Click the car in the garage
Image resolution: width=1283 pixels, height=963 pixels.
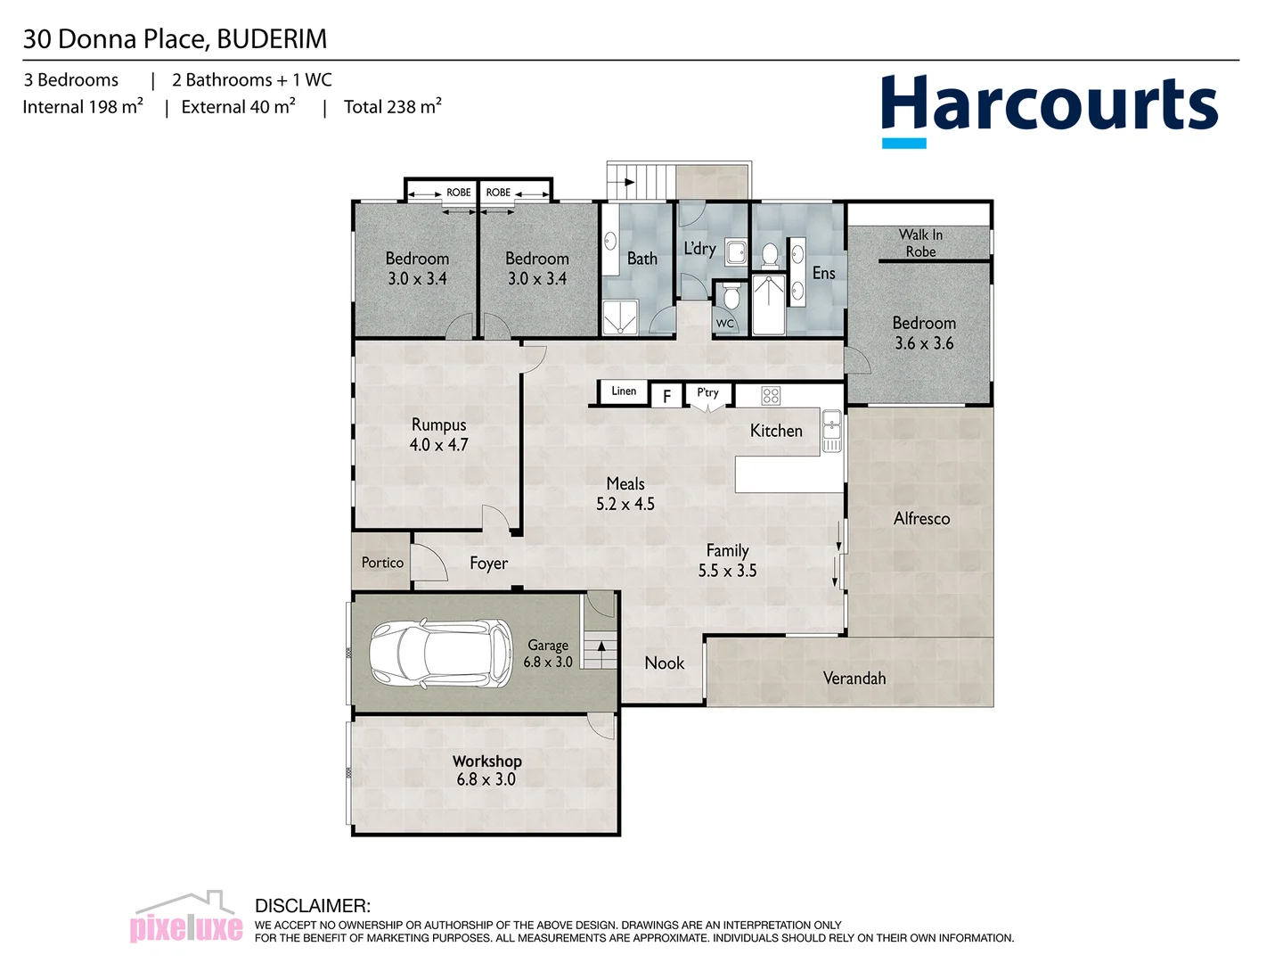click(x=441, y=654)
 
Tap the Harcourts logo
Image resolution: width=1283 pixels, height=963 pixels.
click(x=1049, y=108)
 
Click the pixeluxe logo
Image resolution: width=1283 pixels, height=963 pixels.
click(x=186, y=918)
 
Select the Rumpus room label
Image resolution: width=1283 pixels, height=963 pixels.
click(x=438, y=425)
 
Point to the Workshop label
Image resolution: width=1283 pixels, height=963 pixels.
click(x=486, y=761)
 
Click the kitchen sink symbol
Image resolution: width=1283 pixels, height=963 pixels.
click(x=831, y=431)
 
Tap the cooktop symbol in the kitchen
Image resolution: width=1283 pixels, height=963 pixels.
click(x=771, y=395)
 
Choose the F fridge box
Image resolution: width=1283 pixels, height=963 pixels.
click(x=666, y=396)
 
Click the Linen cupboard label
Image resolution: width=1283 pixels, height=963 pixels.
click(x=624, y=391)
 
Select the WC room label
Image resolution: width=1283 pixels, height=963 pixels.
click(x=725, y=324)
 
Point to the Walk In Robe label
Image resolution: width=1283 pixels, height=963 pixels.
click(x=920, y=243)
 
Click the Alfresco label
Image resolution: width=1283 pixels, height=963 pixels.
click(x=921, y=519)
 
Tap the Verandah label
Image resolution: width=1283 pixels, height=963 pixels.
click(x=854, y=679)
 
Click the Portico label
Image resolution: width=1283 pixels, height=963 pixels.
click(x=382, y=563)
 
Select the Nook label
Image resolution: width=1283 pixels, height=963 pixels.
click(x=664, y=663)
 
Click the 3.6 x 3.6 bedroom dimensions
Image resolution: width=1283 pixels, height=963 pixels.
click(x=924, y=344)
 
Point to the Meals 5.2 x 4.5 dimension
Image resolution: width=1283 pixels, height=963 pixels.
click(x=625, y=505)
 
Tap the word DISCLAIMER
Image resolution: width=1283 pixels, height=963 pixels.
click(x=312, y=906)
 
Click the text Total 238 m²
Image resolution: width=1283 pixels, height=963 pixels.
click(x=392, y=107)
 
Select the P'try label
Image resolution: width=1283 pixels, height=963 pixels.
click(x=707, y=392)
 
